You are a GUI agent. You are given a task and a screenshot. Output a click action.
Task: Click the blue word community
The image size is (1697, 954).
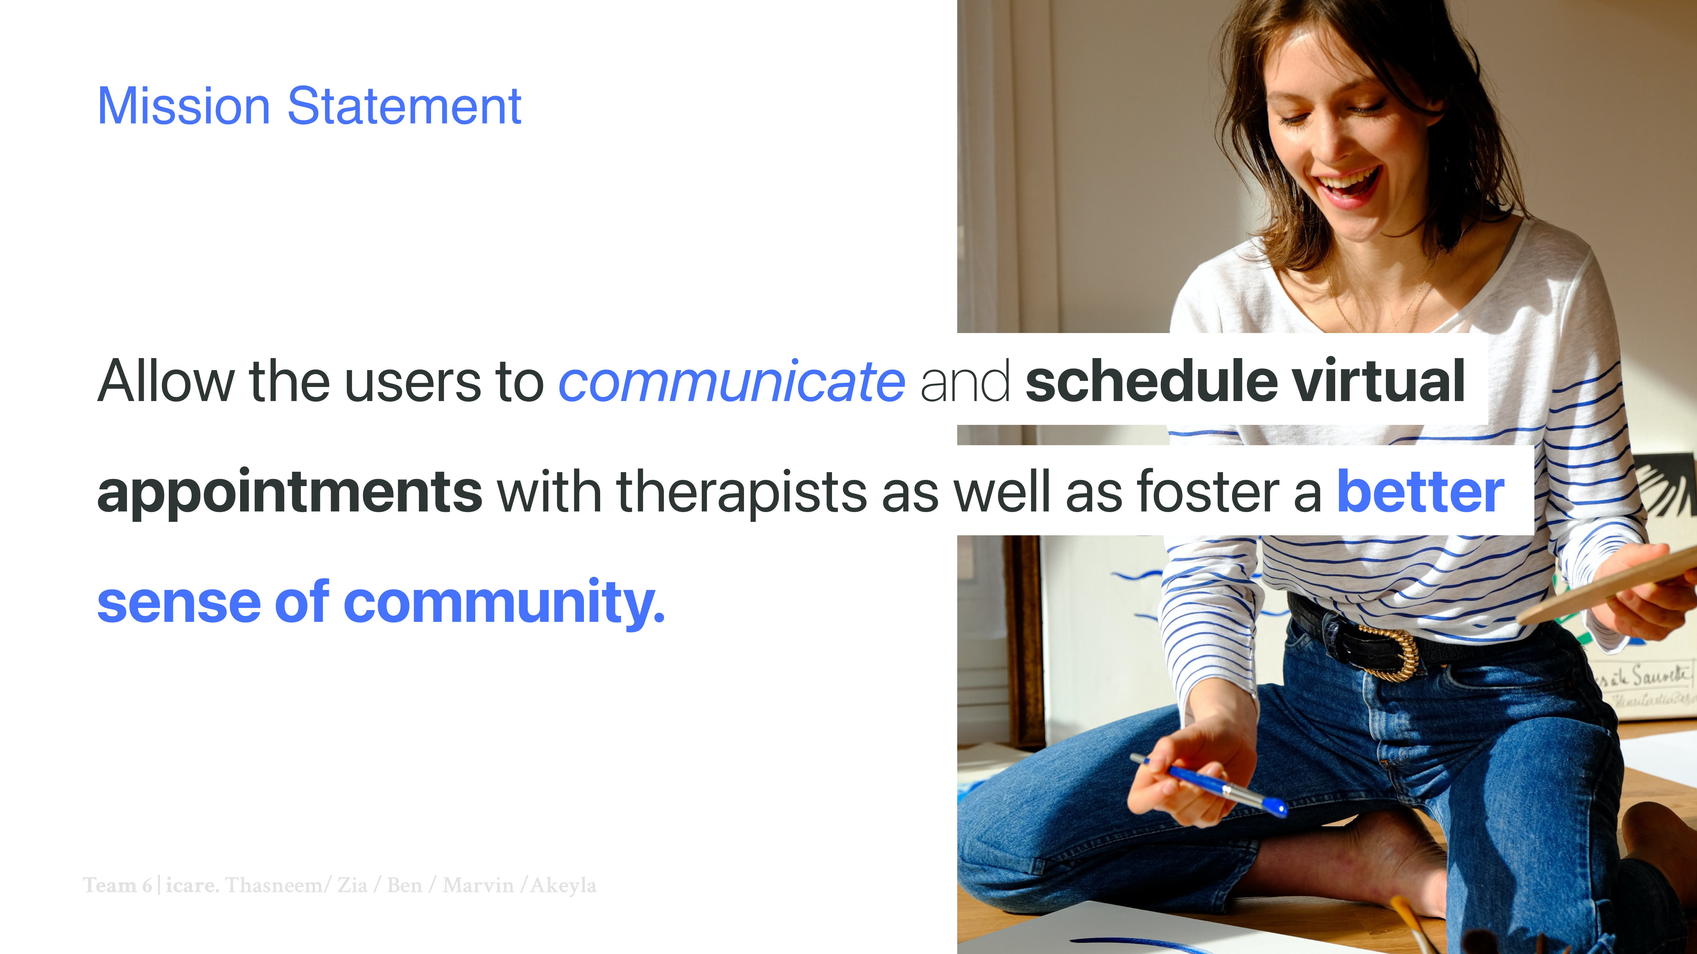[505, 602]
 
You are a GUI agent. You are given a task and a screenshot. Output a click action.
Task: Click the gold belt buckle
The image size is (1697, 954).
[1390, 652]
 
